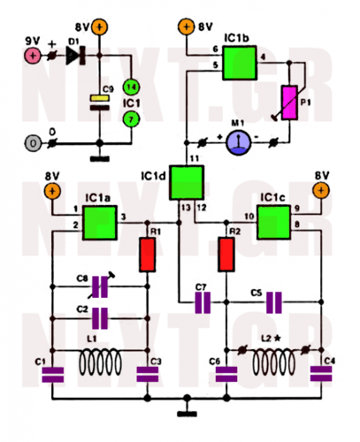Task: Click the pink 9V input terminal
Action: coord(32,55)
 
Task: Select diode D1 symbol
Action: coord(72,55)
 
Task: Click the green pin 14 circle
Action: coord(130,86)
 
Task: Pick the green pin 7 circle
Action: coord(130,118)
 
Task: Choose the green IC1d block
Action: coord(187,182)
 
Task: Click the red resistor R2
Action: coord(227,257)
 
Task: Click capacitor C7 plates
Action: coord(204,304)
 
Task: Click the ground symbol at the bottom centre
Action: coord(187,410)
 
